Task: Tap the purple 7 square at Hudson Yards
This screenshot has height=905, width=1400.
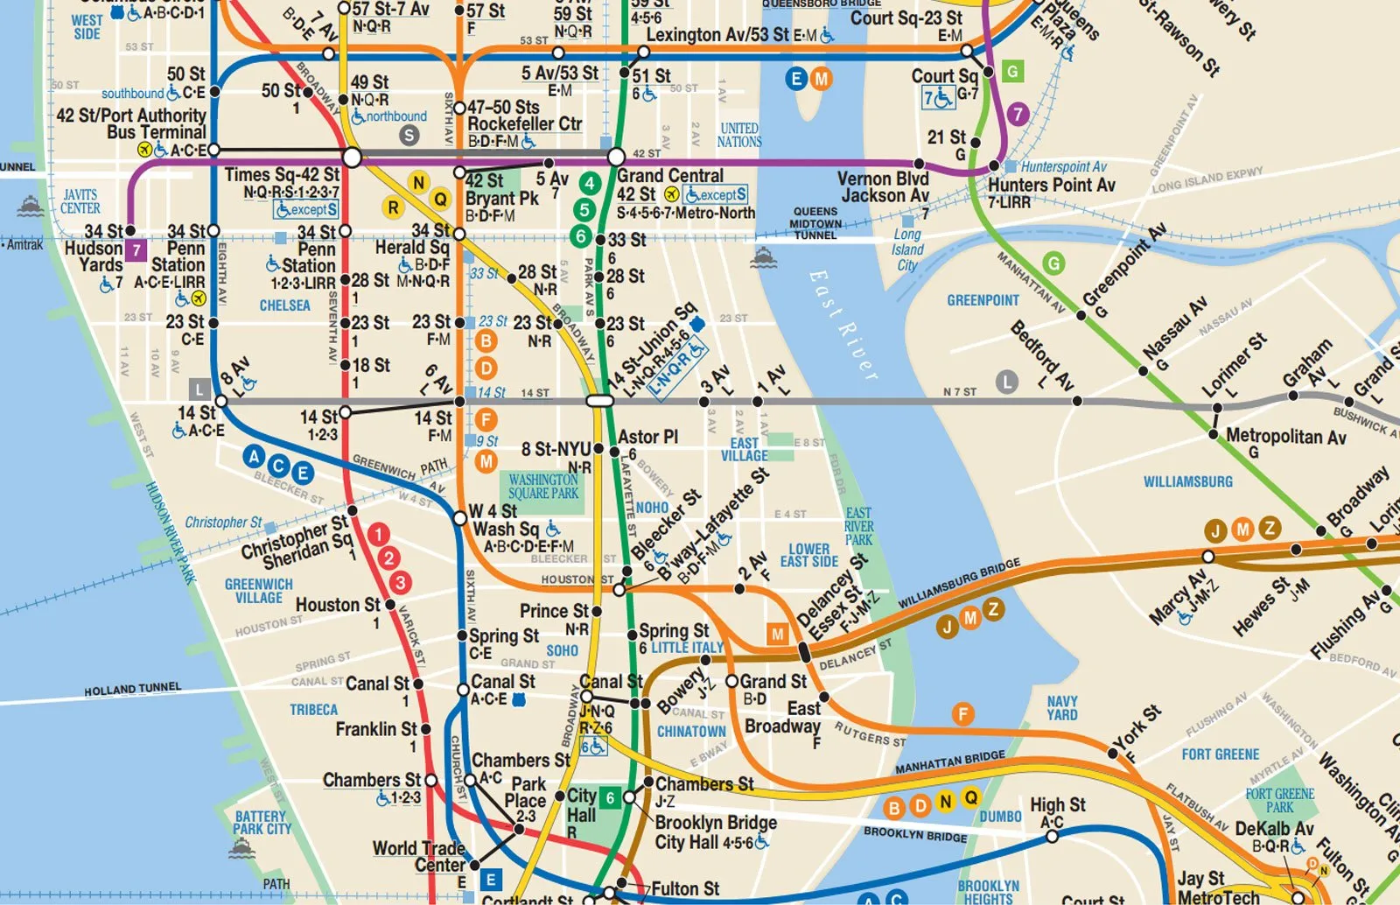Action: point(136,250)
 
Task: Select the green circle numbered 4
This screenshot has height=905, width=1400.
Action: point(591,184)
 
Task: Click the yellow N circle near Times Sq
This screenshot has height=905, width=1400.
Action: point(418,182)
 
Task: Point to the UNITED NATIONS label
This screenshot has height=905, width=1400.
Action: point(739,135)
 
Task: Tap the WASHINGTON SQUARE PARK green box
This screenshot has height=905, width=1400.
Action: point(543,487)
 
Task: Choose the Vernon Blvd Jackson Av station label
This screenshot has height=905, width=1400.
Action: point(883,186)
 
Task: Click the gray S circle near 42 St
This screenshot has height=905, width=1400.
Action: point(409,135)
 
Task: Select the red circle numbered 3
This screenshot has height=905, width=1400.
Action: point(400,582)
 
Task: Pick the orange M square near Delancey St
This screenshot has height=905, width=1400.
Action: point(777,635)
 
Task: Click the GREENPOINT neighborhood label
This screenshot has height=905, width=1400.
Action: point(983,300)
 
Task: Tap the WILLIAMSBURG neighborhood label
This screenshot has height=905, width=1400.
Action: point(1187,481)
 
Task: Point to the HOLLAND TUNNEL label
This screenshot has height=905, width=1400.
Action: point(132,690)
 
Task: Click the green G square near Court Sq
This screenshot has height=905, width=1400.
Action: point(1012,72)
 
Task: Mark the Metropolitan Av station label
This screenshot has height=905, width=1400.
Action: point(1285,437)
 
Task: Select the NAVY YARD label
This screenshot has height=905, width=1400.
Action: point(1062,708)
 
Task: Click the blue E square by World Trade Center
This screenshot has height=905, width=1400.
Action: point(491,880)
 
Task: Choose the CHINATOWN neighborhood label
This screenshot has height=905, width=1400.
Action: point(691,732)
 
